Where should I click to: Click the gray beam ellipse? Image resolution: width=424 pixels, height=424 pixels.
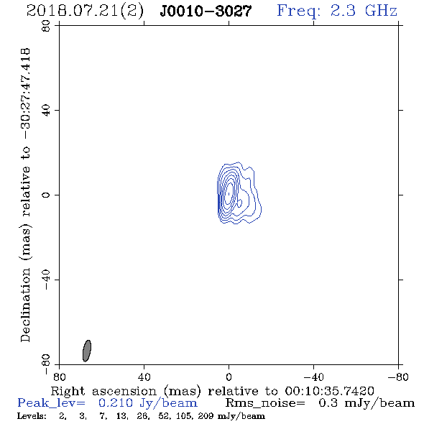pyautogui.click(x=87, y=351)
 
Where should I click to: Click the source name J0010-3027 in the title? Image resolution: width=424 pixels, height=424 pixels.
pyautogui.click(x=206, y=11)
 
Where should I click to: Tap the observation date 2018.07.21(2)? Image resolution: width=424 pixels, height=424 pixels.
pyautogui.click(x=86, y=11)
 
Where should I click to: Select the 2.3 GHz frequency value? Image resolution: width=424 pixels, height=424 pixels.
pyautogui.click(x=364, y=11)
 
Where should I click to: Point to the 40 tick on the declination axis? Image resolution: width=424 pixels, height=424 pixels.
pyautogui.click(x=46, y=111)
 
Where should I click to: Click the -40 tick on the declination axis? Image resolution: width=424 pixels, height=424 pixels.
pyautogui.click(x=46, y=280)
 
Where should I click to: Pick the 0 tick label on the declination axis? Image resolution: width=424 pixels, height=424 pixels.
pyautogui.click(x=46, y=195)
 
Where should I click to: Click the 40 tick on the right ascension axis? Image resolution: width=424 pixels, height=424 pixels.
pyautogui.click(x=144, y=377)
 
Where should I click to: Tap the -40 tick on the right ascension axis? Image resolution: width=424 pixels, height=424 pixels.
pyautogui.click(x=313, y=377)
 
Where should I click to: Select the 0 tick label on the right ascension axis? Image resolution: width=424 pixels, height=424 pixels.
pyautogui.click(x=229, y=377)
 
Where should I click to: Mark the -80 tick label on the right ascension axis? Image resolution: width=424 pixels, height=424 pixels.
pyautogui.click(x=398, y=377)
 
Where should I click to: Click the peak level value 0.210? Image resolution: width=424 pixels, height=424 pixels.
pyautogui.click(x=116, y=403)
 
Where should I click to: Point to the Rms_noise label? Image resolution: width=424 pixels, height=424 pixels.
pyautogui.click(x=265, y=403)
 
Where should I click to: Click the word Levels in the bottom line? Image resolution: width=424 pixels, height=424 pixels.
pyautogui.click(x=32, y=416)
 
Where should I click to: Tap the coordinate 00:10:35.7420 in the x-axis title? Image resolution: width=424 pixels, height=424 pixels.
pyautogui.click(x=329, y=391)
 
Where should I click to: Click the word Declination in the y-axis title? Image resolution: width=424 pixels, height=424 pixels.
pyautogui.click(x=25, y=305)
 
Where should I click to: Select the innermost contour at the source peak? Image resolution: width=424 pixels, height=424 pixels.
pyautogui.click(x=229, y=194)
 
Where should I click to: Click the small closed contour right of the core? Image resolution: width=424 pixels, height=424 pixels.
pyautogui.click(x=239, y=203)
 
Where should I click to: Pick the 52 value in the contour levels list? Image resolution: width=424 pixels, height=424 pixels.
pyautogui.click(x=164, y=416)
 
